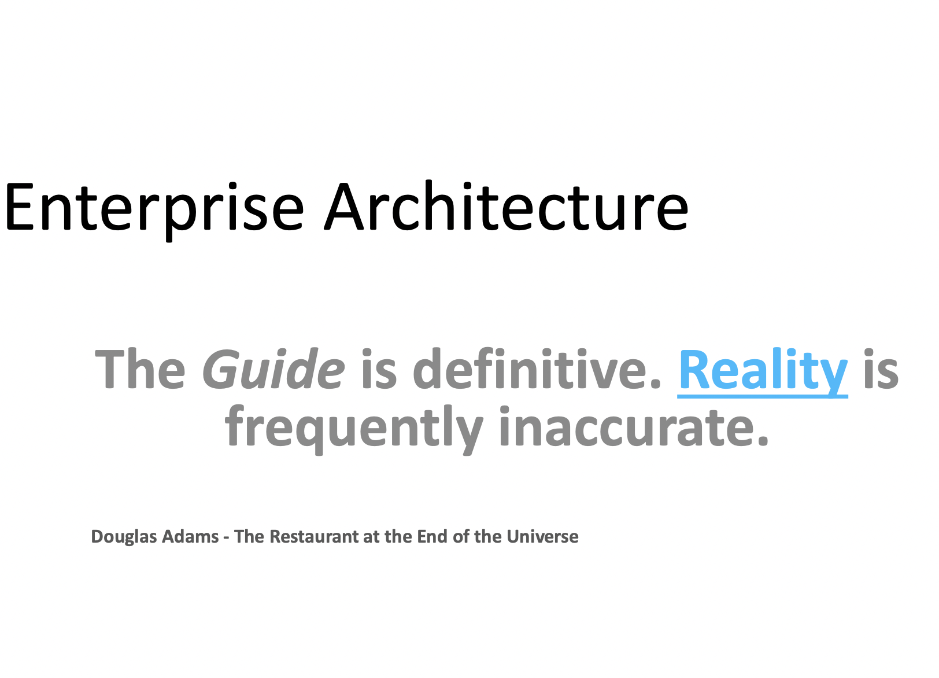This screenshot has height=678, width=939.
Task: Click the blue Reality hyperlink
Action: click(763, 371)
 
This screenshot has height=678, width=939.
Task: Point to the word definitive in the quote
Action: click(537, 368)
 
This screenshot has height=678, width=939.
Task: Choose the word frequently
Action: click(354, 429)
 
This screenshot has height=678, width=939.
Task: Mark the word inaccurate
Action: click(633, 426)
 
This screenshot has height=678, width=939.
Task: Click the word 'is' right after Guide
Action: click(379, 369)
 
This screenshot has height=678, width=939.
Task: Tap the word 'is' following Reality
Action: click(881, 369)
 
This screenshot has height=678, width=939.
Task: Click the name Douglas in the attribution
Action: click(124, 537)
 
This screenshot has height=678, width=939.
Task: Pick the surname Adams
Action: click(190, 536)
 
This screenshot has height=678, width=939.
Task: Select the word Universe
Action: click(542, 536)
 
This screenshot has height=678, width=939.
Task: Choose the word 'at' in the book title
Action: click(371, 537)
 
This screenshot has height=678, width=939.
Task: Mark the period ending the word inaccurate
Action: click(763, 441)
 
